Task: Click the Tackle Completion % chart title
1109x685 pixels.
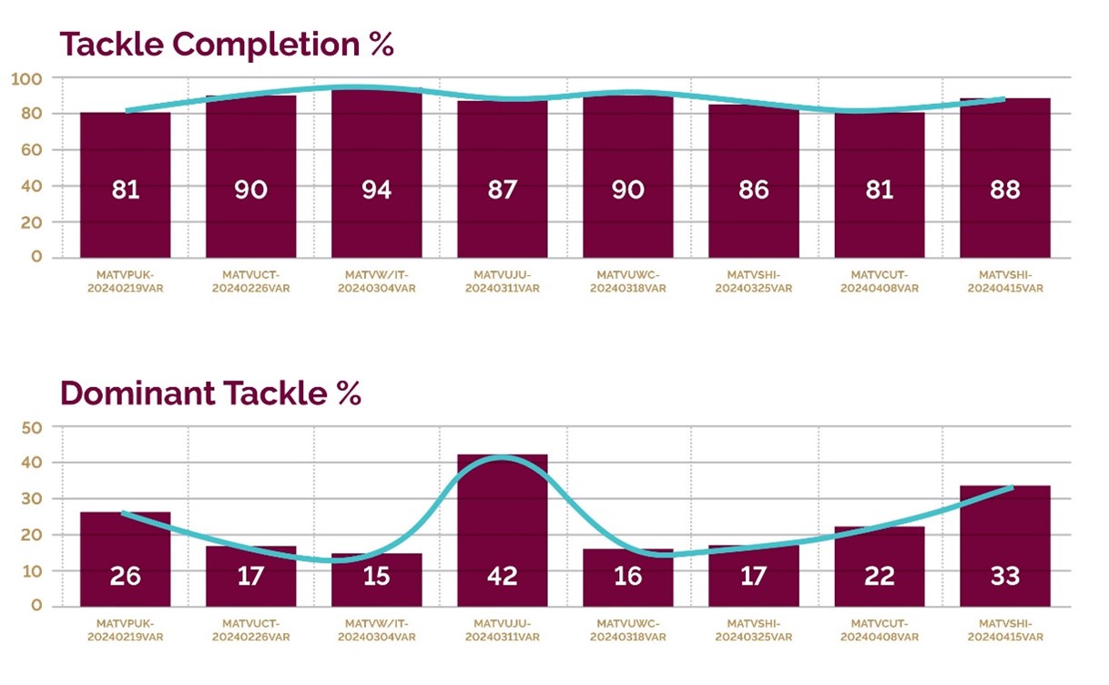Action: [x=227, y=44]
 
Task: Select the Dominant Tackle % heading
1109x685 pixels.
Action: [x=210, y=393]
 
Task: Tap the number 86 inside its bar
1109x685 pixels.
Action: [x=753, y=189]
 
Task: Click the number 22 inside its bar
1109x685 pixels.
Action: [x=879, y=576]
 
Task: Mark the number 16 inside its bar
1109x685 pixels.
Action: [x=627, y=576]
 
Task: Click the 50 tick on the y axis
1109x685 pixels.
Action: [x=31, y=427]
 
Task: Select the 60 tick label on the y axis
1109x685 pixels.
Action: [x=31, y=149]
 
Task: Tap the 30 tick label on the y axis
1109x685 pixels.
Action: [x=31, y=499]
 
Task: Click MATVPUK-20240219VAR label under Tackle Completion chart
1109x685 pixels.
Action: [x=125, y=281]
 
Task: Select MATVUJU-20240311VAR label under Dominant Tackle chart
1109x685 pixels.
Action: [x=502, y=630]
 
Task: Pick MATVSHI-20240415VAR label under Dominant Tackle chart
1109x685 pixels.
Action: [x=1004, y=630]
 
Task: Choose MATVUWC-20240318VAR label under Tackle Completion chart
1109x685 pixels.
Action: [x=627, y=281]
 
